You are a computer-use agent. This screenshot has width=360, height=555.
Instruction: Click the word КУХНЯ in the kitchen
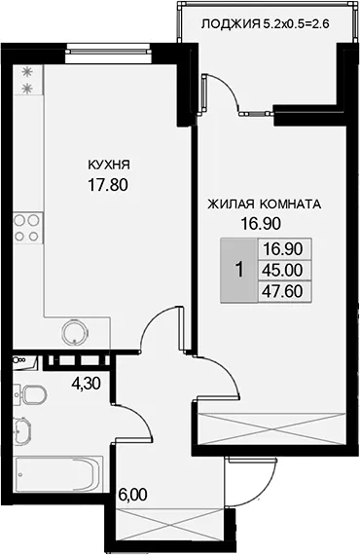(109, 165)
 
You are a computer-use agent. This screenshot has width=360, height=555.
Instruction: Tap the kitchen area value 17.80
(108, 185)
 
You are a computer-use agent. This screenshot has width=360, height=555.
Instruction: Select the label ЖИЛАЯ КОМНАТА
(265, 204)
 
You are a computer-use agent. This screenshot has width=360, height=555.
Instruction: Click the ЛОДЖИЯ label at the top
(231, 24)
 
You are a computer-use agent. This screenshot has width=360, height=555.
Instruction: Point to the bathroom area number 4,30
(86, 383)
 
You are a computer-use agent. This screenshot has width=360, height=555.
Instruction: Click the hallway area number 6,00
(132, 495)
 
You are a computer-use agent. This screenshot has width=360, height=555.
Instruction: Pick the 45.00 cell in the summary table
(282, 270)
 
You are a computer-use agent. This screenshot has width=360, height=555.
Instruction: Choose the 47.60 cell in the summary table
(282, 292)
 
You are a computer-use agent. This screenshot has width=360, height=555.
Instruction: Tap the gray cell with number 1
(239, 270)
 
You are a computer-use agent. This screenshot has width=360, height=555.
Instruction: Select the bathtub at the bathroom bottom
(58, 474)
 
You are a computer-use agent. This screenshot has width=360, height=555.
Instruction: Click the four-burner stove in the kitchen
(28, 228)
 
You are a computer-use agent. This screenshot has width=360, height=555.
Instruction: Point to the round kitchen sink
(74, 332)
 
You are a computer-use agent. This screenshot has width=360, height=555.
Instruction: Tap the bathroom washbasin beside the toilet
(22, 429)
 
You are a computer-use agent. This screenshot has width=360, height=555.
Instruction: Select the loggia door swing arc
(227, 90)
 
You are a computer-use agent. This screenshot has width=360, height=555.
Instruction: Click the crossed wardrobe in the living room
(271, 429)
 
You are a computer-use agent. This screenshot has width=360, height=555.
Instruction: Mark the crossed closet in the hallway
(170, 525)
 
